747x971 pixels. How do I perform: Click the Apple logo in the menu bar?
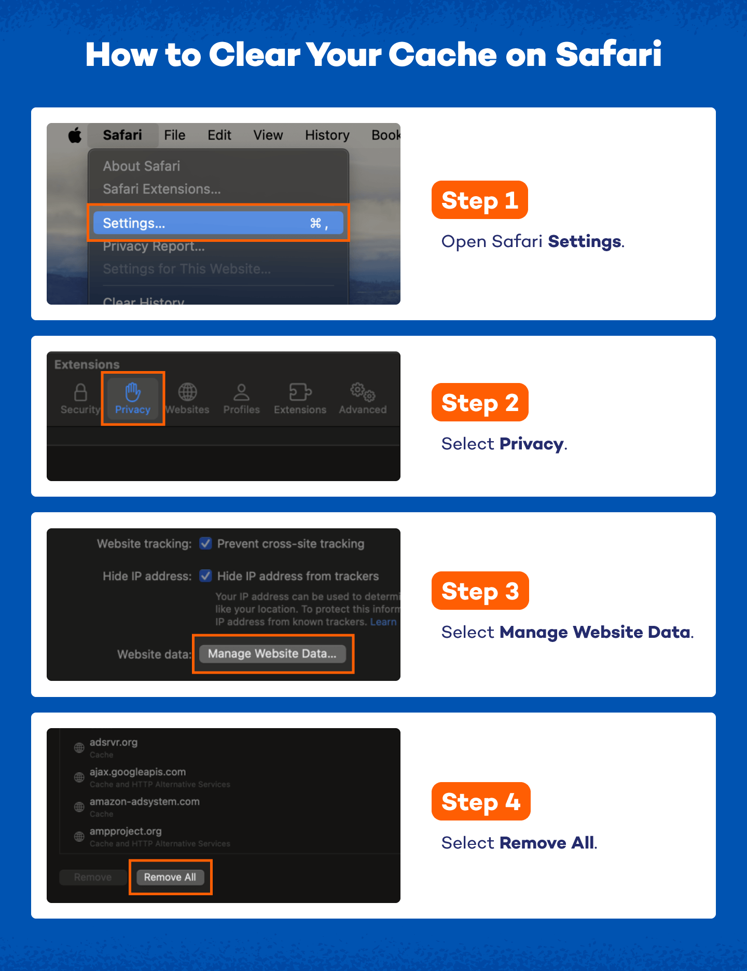(x=75, y=135)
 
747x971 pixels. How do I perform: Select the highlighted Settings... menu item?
(x=218, y=223)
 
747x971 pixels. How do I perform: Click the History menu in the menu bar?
(x=327, y=135)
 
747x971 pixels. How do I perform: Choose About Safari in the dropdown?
(x=141, y=166)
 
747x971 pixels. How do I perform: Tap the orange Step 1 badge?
(x=479, y=200)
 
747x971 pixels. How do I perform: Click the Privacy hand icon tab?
(x=133, y=398)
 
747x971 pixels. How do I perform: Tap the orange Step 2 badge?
(x=479, y=403)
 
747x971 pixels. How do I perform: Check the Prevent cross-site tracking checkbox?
(x=206, y=543)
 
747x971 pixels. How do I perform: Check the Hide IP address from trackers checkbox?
(x=206, y=576)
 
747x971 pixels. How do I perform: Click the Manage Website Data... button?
(x=272, y=653)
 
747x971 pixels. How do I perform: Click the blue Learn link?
(x=383, y=622)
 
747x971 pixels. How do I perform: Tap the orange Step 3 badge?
(x=479, y=591)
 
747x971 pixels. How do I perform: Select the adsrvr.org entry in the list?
(x=114, y=743)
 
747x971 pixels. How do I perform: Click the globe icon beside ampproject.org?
(x=79, y=837)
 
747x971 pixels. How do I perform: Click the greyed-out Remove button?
(x=93, y=877)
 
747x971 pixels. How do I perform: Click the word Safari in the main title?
(x=608, y=54)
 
